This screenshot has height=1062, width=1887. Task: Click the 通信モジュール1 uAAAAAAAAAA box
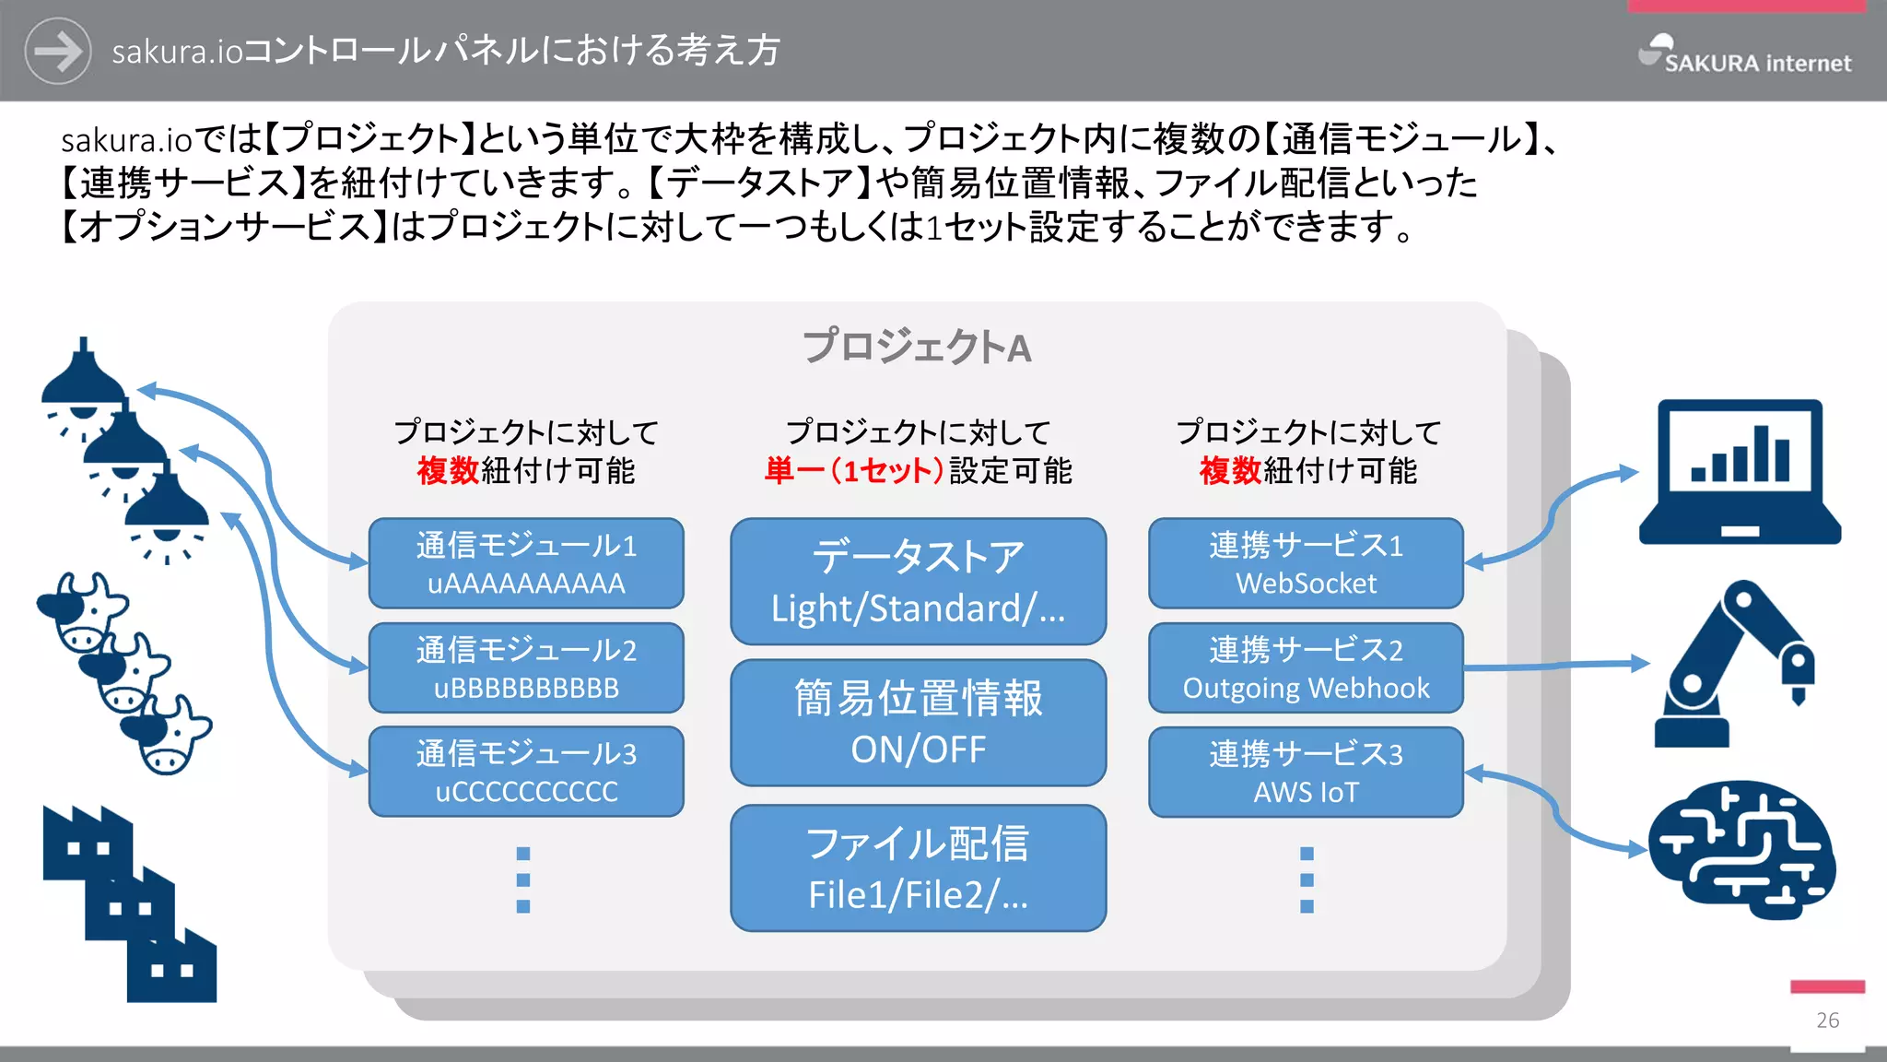[526, 563]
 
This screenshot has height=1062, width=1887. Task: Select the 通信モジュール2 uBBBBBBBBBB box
[526, 668]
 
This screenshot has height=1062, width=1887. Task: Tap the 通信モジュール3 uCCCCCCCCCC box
[526, 773]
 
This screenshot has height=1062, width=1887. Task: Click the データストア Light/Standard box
[918, 582]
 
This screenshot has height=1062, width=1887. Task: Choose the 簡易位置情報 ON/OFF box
[918, 723]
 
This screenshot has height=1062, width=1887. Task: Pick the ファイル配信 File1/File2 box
[918, 868]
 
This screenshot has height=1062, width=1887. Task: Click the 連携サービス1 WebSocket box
[1306, 563]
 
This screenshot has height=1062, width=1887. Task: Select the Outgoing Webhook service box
[1306, 668]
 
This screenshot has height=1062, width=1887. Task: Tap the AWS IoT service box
[1306, 773]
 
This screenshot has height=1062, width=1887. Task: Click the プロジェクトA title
[917, 348]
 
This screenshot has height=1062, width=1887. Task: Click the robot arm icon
[1732, 664]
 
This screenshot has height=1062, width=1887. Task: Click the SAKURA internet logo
[1745, 55]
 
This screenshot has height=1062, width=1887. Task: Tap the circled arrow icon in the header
[57, 51]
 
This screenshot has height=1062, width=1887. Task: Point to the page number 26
[1828, 1021]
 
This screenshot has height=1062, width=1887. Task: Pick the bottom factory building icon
[171, 968]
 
